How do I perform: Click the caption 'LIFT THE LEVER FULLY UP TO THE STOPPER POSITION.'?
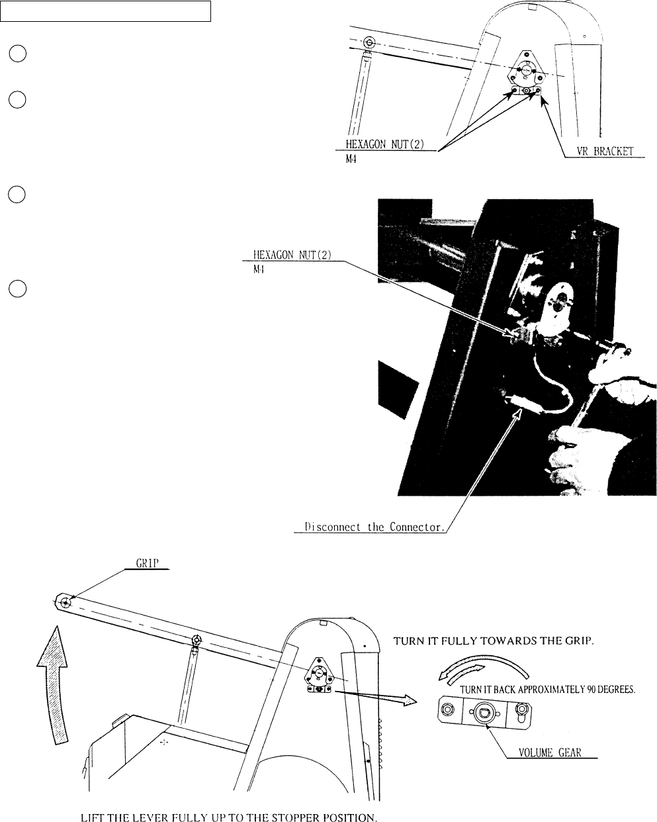(x=229, y=816)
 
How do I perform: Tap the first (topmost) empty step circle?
(x=17, y=55)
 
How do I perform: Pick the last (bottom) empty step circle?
(x=17, y=289)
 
